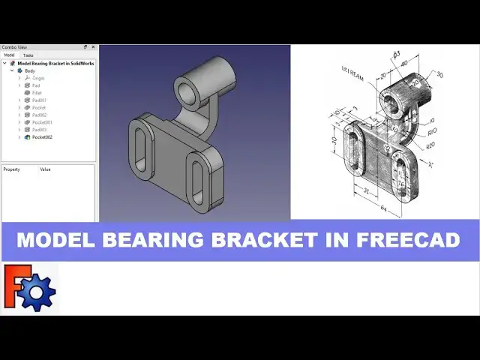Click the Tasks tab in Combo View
click(x=28, y=55)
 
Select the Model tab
click(x=9, y=55)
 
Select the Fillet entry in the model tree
click(x=37, y=93)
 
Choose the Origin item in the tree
click(x=38, y=78)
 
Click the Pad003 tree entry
click(x=39, y=130)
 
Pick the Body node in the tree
click(x=29, y=70)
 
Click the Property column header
click(x=11, y=169)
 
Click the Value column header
click(x=45, y=169)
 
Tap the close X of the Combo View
click(x=93, y=47)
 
